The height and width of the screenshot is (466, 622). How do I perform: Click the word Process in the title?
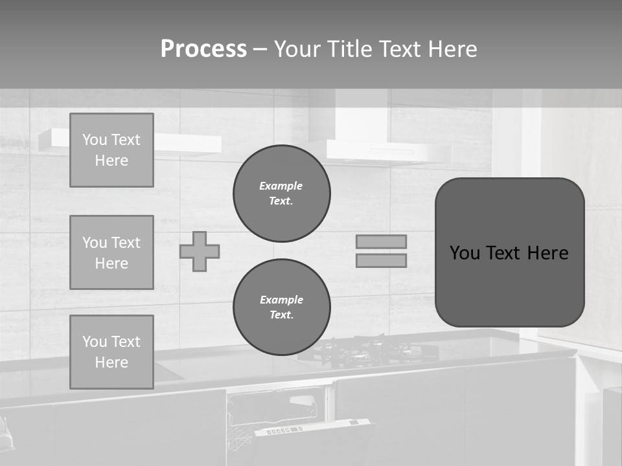pos(203,49)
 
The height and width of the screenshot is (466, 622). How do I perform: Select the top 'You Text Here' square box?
pos(111,150)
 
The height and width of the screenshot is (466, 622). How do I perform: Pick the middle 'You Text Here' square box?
pos(111,252)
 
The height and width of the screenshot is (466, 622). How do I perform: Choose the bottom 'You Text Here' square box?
pos(111,352)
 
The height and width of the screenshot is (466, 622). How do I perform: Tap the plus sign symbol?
pos(200,251)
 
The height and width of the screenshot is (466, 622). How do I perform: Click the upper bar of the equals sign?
pos(382,241)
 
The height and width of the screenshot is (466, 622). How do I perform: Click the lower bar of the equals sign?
pos(382,260)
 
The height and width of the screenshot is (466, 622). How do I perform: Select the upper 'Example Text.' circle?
pos(281,194)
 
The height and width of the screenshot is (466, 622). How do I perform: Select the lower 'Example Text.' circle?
pos(281,307)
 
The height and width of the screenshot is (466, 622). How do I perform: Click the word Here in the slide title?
pos(448,49)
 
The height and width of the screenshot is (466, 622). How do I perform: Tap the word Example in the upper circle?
pos(281,186)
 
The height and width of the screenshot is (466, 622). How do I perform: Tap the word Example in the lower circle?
pos(281,300)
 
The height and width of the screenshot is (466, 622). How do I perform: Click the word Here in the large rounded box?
pos(547,253)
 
